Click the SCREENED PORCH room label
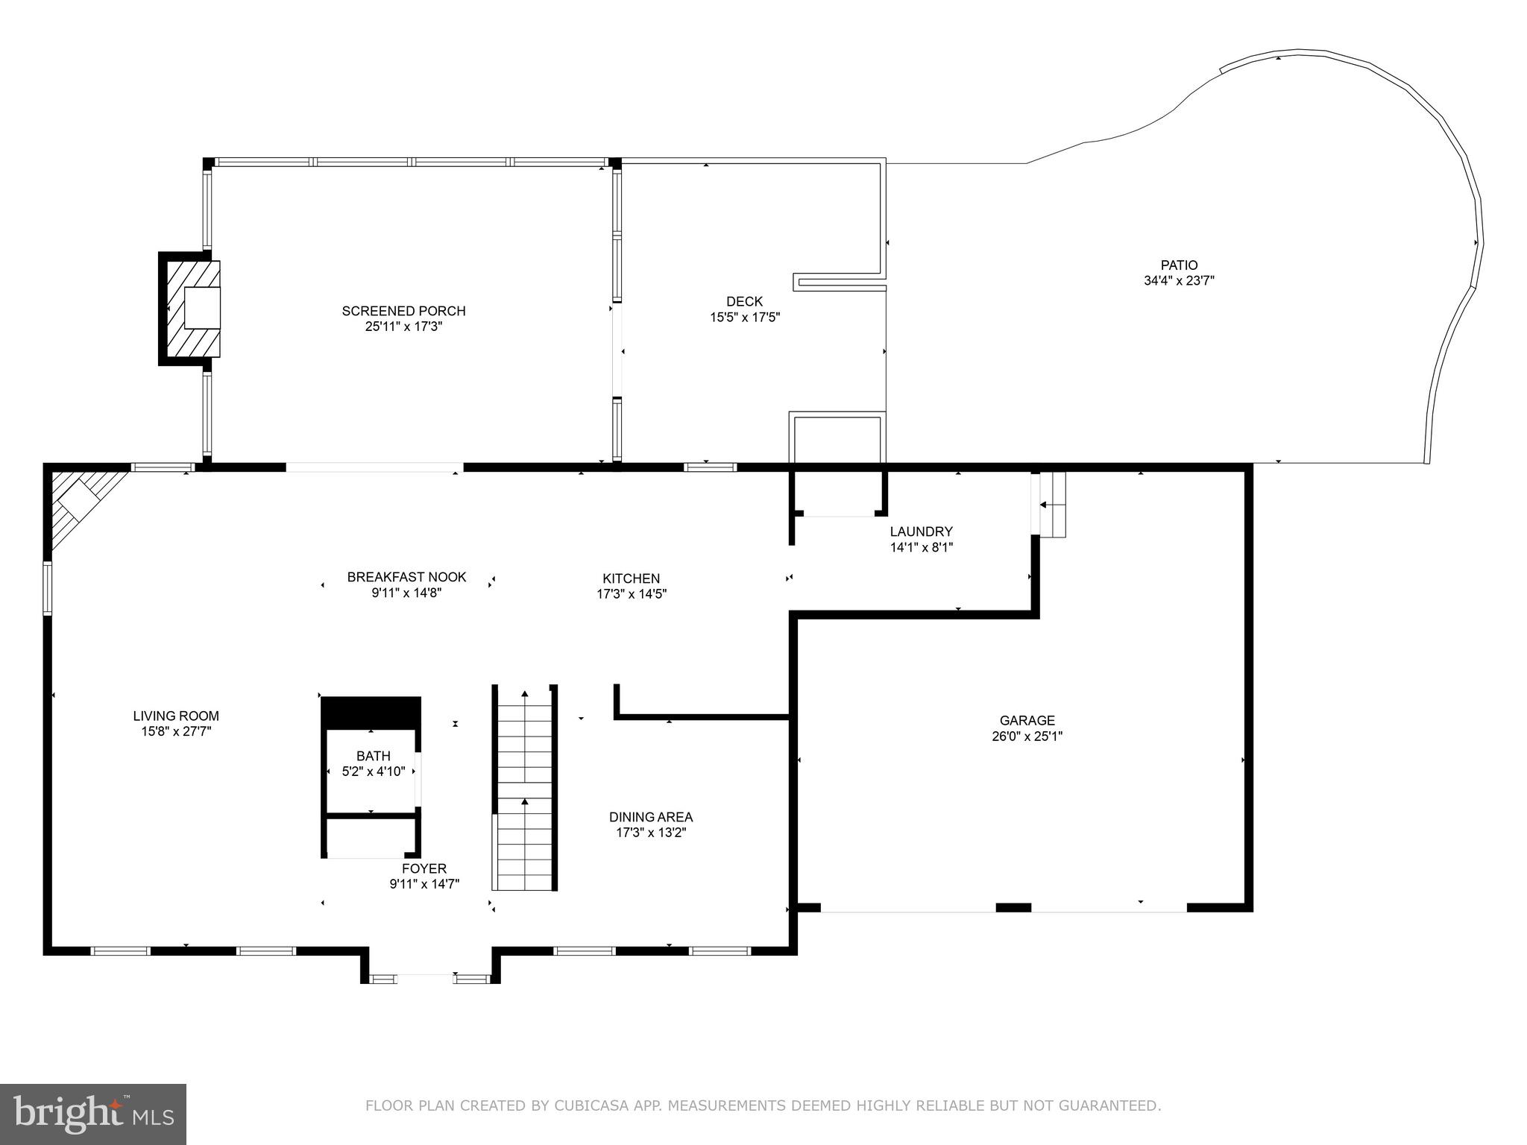point(403,311)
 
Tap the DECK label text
point(744,301)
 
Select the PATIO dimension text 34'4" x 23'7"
point(1179,281)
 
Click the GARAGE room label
point(1027,720)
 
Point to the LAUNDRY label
point(921,532)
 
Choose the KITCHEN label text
point(631,578)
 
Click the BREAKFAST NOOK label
point(406,577)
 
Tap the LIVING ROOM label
point(176,716)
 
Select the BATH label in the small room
point(373,756)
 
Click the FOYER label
point(424,868)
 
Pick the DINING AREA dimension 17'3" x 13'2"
point(650,833)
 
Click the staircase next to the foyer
point(525,790)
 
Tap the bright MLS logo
point(92,1114)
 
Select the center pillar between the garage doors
point(1013,907)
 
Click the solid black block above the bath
point(371,713)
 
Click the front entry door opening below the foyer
point(426,977)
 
